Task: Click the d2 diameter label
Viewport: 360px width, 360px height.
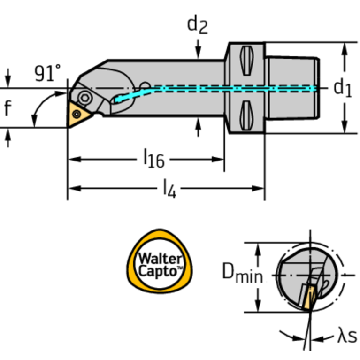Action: point(197,24)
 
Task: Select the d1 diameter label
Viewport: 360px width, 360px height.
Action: point(342,87)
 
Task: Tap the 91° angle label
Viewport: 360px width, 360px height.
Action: point(47,73)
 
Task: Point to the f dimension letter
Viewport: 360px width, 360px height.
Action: point(8,108)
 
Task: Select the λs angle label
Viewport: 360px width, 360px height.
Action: point(347,336)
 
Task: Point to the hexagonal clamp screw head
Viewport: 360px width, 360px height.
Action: point(84,98)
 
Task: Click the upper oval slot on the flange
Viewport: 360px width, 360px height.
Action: point(247,61)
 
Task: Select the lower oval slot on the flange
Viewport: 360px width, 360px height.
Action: point(247,115)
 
